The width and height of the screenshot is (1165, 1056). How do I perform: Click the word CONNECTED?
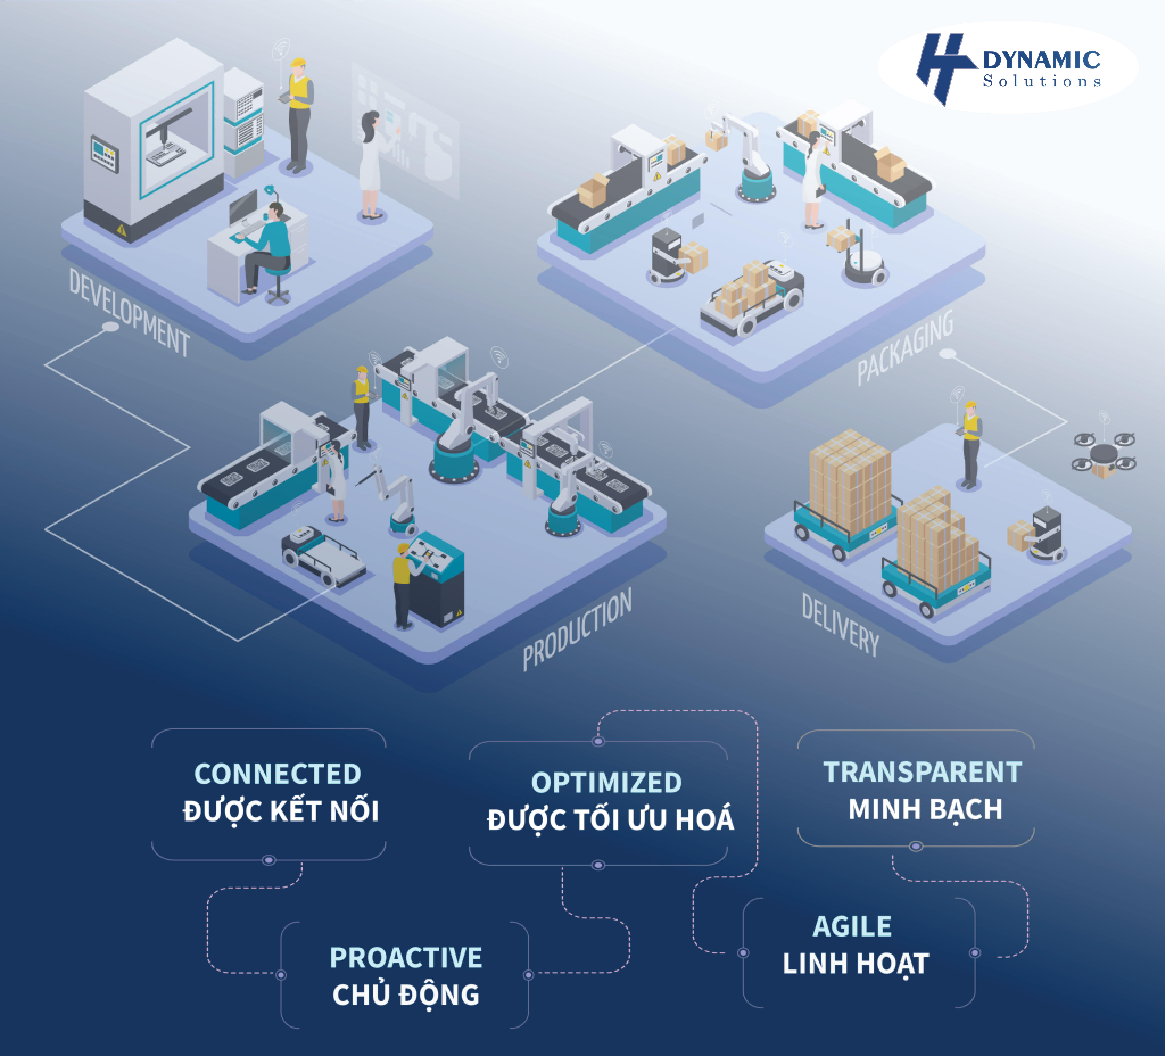(x=277, y=774)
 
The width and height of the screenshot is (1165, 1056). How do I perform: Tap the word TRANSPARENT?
(x=922, y=772)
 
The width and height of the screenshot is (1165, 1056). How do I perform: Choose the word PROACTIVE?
(x=406, y=958)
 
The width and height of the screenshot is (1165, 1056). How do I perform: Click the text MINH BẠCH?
(x=925, y=809)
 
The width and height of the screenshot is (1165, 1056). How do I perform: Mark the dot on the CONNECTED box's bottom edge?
(x=268, y=860)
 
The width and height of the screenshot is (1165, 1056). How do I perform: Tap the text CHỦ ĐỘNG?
(x=406, y=995)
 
